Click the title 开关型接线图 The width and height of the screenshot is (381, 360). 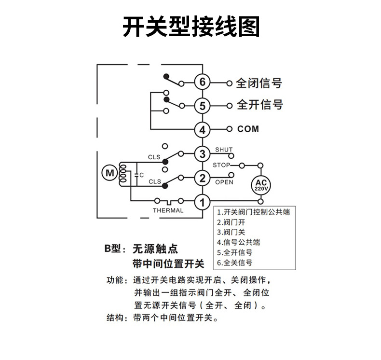[190, 27]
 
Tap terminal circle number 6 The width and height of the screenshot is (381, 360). [203, 83]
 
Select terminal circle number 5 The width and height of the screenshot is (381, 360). [203, 105]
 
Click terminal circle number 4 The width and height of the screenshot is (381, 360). [203, 129]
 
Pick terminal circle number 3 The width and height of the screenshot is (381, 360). [203, 154]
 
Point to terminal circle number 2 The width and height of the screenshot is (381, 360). [203, 178]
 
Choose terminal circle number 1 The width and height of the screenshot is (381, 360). [203, 202]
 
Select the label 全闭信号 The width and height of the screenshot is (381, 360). [259, 83]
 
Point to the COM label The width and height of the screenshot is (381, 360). [248, 129]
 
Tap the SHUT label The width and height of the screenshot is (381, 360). [224, 150]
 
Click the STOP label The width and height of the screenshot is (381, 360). [221, 165]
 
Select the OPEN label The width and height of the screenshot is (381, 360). [224, 182]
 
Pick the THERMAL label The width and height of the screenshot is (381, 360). [168, 210]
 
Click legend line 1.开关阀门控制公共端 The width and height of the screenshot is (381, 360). [253, 212]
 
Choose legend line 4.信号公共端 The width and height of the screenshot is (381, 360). [242, 242]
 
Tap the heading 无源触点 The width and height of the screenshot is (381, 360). [155, 249]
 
